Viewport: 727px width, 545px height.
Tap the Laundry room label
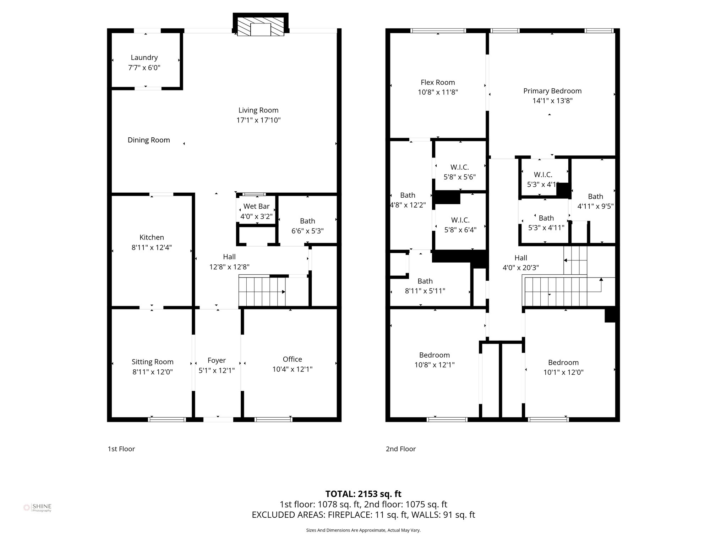click(x=144, y=57)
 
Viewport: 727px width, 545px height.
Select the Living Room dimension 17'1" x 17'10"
click(x=258, y=120)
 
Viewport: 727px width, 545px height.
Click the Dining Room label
click(x=149, y=140)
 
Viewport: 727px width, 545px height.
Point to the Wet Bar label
click(x=256, y=207)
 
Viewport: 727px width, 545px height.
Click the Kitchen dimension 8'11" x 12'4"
click(x=152, y=247)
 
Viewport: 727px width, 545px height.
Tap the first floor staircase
click(x=262, y=292)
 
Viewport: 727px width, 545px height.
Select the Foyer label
click(x=217, y=360)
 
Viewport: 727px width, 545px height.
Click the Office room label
click(x=292, y=359)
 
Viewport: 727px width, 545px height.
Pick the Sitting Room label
click(x=152, y=362)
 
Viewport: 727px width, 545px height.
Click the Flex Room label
click(x=438, y=82)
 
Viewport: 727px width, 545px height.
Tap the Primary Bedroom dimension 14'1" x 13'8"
click(x=552, y=101)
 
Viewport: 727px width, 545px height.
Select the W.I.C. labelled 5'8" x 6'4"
click(x=460, y=225)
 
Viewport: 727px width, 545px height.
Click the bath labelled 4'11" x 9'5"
click(x=595, y=201)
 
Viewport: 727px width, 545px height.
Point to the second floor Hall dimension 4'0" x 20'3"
click(x=520, y=268)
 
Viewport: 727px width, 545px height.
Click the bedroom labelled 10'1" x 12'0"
click(x=563, y=367)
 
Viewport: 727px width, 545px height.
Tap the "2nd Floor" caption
click(x=401, y=449)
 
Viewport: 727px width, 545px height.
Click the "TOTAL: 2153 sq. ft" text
click(x=363, y=494)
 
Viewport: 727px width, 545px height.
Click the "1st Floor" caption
click(x=121, y=449)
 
